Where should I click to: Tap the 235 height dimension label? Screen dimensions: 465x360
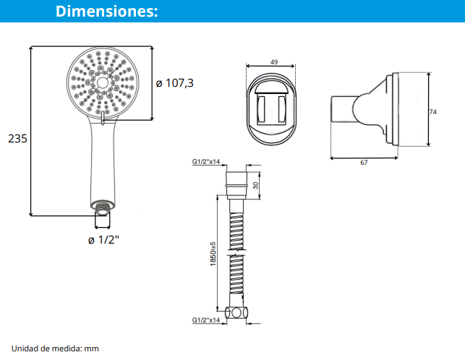17,139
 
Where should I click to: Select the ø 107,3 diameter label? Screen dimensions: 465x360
175,83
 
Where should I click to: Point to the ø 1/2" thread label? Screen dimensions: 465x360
103,239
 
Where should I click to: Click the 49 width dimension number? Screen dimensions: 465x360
274,62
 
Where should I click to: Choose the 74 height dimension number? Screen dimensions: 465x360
433,112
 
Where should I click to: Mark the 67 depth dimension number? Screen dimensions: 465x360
364,163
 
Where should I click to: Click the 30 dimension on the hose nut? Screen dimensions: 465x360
255,185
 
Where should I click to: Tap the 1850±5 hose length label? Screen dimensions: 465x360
213,254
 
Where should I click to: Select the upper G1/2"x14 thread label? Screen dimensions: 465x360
206,162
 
